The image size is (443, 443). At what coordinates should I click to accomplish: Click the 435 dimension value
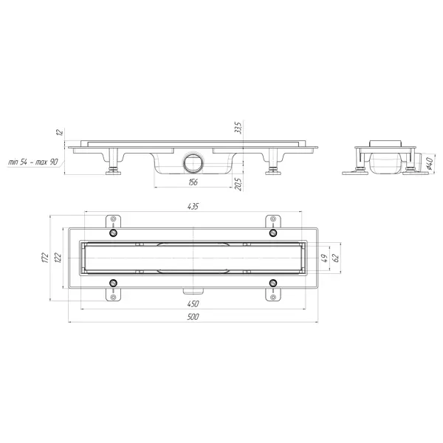point(193,207)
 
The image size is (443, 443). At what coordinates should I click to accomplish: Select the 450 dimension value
point(193,304)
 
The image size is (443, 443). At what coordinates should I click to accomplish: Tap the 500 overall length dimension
point(193,317)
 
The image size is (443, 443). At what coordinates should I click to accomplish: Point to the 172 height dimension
point(46,258)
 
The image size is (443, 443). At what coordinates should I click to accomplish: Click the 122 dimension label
point(58,258)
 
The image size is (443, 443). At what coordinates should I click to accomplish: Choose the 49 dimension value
point(325,258)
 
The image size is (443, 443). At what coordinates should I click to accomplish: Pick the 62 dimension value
point(336,258)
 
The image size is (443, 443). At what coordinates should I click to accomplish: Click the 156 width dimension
point(193,182)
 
